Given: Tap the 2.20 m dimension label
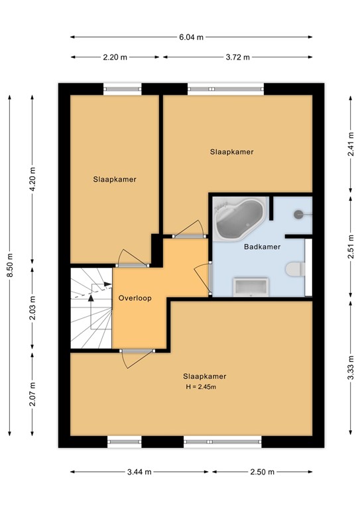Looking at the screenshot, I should tap(115, 58).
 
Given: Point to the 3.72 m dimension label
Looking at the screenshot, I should tap(237, 58).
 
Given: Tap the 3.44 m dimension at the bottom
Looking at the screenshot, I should tap(140, 472).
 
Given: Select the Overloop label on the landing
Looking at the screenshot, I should tap(135, 298).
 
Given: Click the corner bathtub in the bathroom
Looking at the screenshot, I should tap(239, 217).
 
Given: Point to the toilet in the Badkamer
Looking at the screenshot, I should tap(294, 270).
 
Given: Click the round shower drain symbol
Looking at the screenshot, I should tap(299, 213).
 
